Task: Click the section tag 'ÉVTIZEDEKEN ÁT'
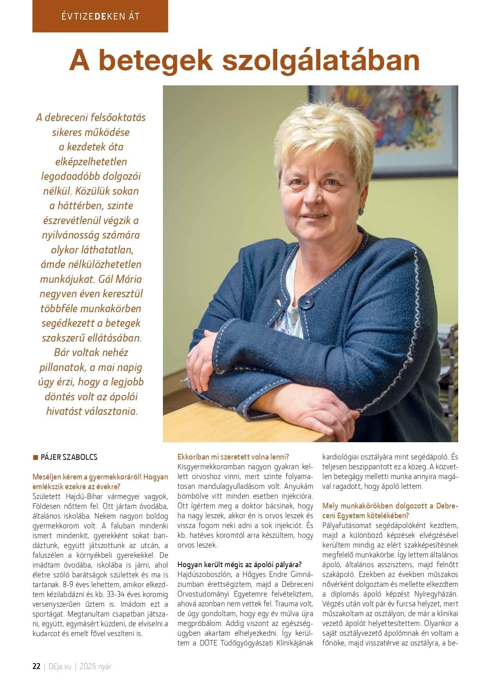click(x=100, y=16)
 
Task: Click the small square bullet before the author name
click(x=35, y=457)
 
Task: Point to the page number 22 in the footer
click(x=36, y=666)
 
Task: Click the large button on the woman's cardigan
click(x=306, y=301)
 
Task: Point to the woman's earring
click(x=361, y=212)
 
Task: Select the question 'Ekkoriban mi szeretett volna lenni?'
click(x=233, y=457)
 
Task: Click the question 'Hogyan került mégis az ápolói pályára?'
click(x=240, y=564)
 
